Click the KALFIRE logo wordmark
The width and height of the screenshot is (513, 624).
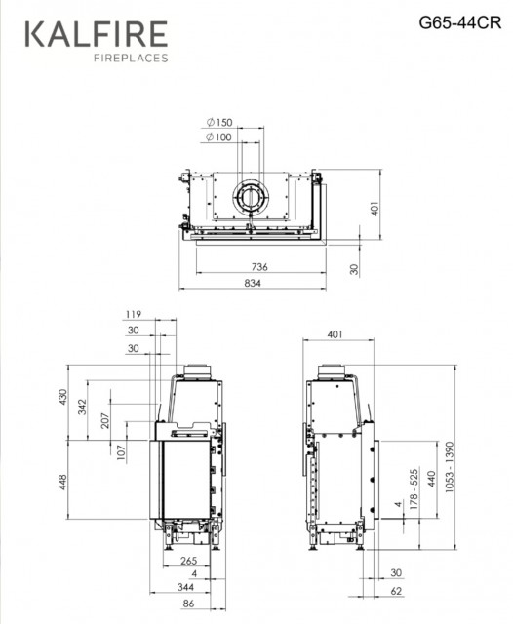coord(97,34)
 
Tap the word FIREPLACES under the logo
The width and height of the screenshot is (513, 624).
coord(131,58)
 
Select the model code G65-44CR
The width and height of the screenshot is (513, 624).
coord(459,22)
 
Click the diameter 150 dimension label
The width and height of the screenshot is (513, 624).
coord(219,122)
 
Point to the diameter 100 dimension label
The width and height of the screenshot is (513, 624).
coord(218,137)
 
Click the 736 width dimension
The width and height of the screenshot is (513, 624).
coord(259,266)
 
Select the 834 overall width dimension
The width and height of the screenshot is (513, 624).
coord(253,283)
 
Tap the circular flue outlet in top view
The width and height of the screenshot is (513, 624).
coord(251,197)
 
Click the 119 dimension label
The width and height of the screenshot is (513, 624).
coord(134,314)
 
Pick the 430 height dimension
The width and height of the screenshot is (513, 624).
coord(62,398)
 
